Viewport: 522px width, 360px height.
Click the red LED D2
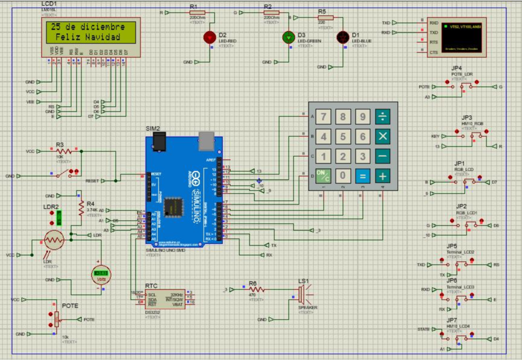(x=210, y=37)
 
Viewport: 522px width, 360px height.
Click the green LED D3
(x=288, y=37)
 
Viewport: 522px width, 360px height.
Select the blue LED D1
(x=342, y=37)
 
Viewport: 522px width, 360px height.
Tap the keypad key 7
(x=324, y=116)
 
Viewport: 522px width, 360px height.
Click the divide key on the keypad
(x=382, y=116)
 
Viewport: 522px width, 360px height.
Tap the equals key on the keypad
(x=362, y=176)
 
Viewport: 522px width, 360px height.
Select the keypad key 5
(x=343, y=136)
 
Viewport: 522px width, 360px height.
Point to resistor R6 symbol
(x=256, y=289)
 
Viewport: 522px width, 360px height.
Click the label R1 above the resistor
(x=193, y=5)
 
